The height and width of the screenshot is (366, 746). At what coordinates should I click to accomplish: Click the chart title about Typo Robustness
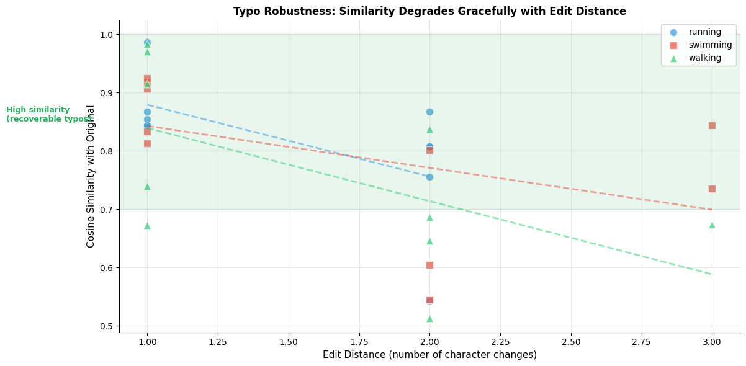point(429,11)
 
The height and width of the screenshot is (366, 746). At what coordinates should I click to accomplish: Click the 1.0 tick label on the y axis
point(108,35)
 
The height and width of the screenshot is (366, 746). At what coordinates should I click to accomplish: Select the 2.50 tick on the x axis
point(571,342)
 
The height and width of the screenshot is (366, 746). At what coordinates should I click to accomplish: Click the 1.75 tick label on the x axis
point(359,342)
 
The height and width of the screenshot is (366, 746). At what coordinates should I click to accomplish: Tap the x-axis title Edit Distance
point(429,355)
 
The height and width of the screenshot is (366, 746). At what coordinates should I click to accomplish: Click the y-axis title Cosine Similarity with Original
point(91,176)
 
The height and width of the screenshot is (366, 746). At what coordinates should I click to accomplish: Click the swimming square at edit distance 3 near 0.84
point(712,125)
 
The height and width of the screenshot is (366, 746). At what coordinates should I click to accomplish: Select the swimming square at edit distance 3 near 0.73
point(712,189)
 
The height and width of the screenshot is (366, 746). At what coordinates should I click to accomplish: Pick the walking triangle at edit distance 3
point(712,225)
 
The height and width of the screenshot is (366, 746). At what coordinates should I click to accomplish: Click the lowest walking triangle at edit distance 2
point(429,319)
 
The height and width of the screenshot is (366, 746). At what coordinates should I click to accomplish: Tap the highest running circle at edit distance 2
point(429,112)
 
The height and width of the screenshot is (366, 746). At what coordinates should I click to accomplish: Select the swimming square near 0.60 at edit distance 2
point(429,265)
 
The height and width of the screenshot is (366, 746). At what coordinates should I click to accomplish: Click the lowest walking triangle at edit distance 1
point(147,226)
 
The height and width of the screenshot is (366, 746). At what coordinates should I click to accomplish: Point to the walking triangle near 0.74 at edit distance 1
point(147,187)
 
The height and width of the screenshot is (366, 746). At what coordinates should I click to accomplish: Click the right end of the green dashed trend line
point(711,274)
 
